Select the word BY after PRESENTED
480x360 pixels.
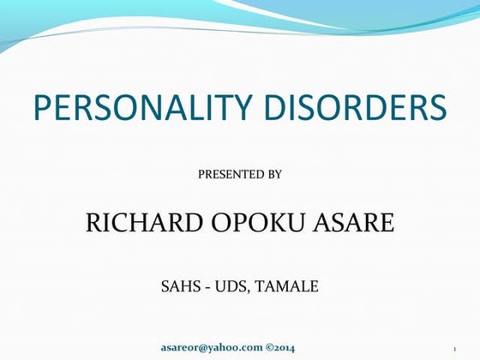point(274,174)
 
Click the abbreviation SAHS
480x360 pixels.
point(179,286)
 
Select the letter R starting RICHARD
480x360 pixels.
point(95,225)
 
